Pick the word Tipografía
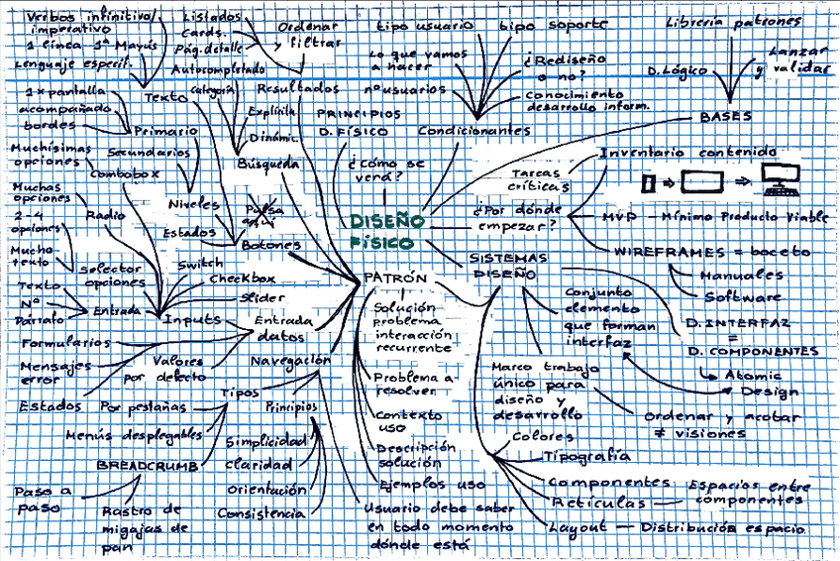586,456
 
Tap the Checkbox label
242,279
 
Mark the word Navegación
289,361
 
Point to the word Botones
269,244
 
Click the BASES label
726,116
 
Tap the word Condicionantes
473,131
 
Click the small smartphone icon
649,183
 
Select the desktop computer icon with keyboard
782,181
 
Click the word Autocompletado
218,70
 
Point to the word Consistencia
262,513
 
